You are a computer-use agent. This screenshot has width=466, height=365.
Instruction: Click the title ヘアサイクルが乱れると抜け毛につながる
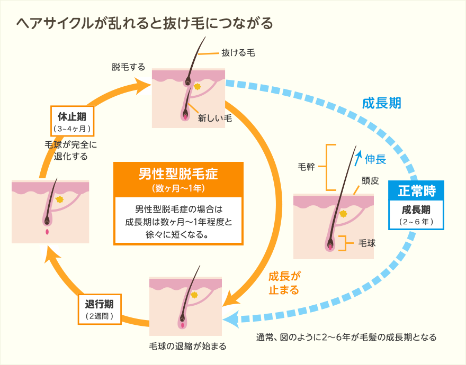(x=145, y=24)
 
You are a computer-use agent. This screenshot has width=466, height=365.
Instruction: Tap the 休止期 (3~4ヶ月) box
(x=72, y=121)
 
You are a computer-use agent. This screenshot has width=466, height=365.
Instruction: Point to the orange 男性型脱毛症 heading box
(x=178, y=179)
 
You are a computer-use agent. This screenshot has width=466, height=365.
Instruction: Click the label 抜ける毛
(x=238, y=53)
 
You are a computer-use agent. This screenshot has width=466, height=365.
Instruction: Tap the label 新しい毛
(x=215, y=118)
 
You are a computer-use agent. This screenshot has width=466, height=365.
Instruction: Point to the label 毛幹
(x=308, y=167)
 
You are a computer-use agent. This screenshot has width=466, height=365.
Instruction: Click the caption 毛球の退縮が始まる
(x=187, y=346)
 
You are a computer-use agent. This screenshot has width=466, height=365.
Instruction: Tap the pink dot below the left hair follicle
(x=47, y=232)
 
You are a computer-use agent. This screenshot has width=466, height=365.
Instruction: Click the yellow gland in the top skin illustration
(x=197, y=86)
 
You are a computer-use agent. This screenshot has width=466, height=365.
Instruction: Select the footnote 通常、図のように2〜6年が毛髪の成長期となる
(x=346, y=337)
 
